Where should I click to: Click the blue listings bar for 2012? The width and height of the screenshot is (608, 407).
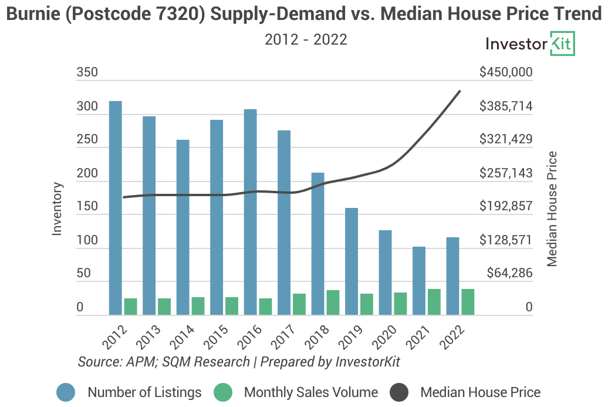coord(116,208)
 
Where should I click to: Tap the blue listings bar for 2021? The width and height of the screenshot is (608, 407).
coord(419,281)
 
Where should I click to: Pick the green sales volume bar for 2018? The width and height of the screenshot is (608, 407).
coord(333,303)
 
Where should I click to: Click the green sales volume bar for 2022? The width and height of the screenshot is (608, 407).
coord(468,302)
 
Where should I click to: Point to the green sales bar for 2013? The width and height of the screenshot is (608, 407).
coord(164,307)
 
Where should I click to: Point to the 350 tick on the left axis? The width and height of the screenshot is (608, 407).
coord(87,73)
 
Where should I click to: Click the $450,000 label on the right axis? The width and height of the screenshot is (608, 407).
coord(505,73)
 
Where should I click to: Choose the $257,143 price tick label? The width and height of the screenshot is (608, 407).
coord(505,173)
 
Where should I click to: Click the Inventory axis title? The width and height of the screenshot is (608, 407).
coord(57,209)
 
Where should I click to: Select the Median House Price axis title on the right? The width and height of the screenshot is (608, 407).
coord(552,209)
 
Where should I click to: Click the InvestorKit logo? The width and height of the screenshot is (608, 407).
coord(531,44)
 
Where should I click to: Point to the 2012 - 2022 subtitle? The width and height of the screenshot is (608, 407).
coord(306,40)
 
